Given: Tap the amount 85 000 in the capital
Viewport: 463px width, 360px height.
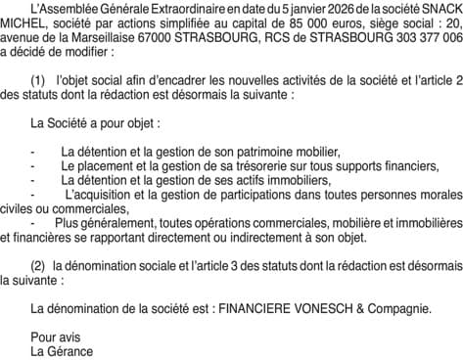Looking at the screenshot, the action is pos(317,22).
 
